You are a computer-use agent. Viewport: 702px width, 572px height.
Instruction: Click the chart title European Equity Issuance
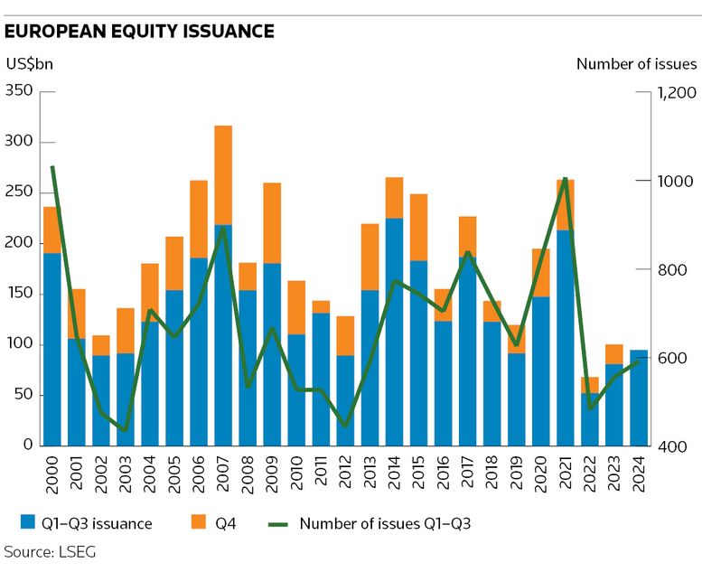[139, 32]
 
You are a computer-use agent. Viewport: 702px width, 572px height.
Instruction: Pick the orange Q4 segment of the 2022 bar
[589, 385]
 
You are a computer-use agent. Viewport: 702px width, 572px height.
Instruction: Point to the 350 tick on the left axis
[19, 91]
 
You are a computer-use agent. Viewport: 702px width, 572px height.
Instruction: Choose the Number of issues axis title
[636, 64]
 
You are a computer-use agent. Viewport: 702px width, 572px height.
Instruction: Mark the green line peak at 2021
[566, 179]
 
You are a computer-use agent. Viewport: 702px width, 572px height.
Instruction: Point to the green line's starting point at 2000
[52, 167]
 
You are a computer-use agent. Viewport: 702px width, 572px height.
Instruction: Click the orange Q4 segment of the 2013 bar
[370, 257]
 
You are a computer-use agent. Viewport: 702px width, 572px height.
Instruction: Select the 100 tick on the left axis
[19, 344]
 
